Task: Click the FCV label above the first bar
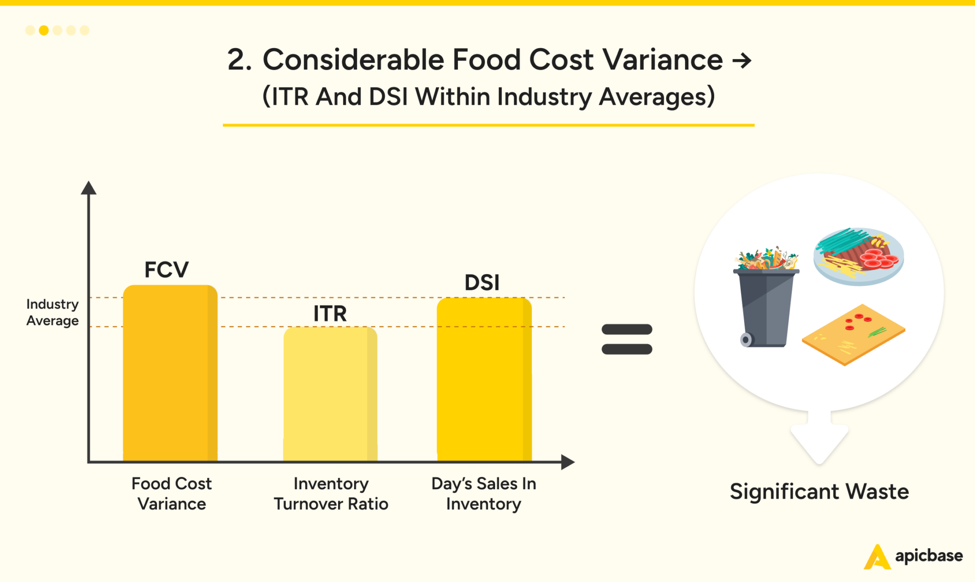166,270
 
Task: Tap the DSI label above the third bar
482,283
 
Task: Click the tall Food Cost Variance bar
170,374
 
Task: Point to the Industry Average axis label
52,312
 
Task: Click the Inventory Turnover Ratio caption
331,493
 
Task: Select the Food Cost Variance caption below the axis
171,493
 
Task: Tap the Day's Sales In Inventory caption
484,493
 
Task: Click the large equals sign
627,339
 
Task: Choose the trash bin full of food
766,300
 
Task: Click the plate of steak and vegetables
858,256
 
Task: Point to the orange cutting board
853,335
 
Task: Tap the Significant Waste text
819,492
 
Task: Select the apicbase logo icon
876,557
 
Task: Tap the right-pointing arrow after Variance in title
742,60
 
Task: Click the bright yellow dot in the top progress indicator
44,30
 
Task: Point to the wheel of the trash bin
746,339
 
